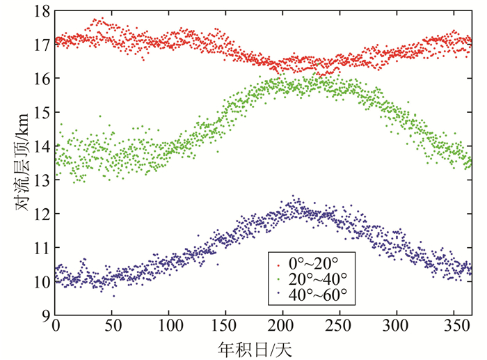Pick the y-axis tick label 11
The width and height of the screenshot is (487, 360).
pos(40,249)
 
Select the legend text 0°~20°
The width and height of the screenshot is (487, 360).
pos(312,265)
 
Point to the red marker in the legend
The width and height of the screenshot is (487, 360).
pos(279,265)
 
